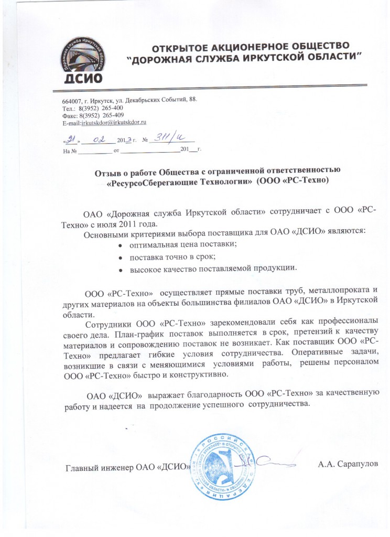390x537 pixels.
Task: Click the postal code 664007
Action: [x=71, y=100]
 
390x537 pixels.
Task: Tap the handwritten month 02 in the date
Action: [x=98, y=139]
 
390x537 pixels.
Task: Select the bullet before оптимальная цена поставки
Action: [x=121, y=245]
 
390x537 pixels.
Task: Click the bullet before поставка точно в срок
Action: [x=121, y=257]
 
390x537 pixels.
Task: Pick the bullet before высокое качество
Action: [x=121, y=269]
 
